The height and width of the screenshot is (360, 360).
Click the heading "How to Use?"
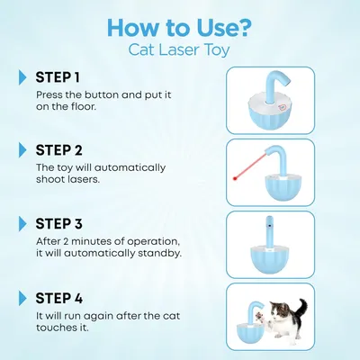179,28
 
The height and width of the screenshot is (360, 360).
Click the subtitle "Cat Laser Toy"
179,50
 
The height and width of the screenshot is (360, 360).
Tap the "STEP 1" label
58,77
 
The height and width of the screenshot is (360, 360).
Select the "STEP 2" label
58,150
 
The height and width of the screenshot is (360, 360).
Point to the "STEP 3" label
58,224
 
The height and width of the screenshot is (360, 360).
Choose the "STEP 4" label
59,298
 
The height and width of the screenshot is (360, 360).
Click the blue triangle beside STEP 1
22,77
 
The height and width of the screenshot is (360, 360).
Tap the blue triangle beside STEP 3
22,224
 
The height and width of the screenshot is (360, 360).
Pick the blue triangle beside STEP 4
22,298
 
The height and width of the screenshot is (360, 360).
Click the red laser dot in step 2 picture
235,178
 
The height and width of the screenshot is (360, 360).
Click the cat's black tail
301,309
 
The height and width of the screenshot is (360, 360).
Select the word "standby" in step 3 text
159,254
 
